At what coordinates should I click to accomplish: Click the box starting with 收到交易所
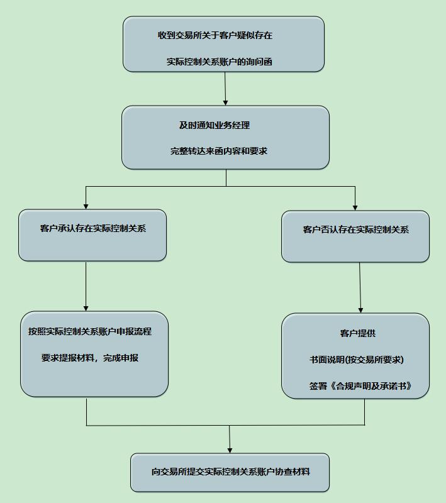tap(223, 44)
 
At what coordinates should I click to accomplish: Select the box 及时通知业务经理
tap(225, 137)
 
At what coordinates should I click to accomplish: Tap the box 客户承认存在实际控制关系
tap(92, 235)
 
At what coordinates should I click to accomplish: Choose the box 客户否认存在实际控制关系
tap(355, 236)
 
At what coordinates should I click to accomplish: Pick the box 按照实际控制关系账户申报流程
tap(94, 354)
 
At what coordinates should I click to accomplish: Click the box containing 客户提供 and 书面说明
tap(355, 356)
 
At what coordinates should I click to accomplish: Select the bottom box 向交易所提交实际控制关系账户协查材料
tap(230, 472)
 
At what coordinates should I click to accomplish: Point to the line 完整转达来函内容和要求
tap(218, 151)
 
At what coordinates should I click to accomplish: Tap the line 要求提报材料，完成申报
tap(90, 358)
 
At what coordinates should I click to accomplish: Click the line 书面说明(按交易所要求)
tap(356, 360)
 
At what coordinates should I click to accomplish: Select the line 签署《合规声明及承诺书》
tap(360, 386)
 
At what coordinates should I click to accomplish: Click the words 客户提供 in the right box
tap(357, 333)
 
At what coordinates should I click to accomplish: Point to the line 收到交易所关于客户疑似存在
tap(215, 36)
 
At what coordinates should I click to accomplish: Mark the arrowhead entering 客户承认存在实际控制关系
tap(86, 206)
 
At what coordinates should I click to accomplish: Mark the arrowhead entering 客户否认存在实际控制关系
tap(355, 207)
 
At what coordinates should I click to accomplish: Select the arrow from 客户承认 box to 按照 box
tap(86, 286)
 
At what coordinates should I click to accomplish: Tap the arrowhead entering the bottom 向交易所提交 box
tap(230, 449)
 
